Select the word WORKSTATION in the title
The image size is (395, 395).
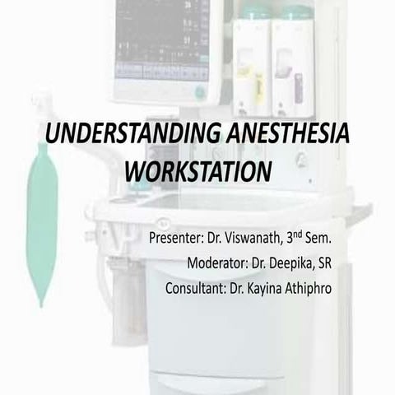click(x=197, y=172)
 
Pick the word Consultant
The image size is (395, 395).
click(x=198, y=289)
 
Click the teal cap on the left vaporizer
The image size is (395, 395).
click(x=253, y=12)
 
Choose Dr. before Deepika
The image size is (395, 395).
click(x=267, y=264)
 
